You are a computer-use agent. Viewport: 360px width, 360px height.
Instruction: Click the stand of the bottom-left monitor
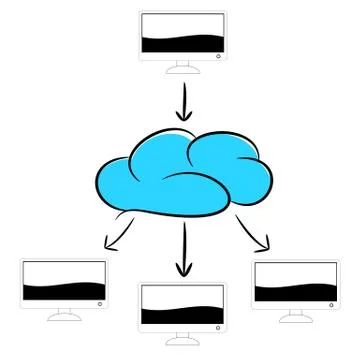(x=64, y=315)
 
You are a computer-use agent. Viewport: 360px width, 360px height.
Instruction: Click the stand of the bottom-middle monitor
(x=181, y=339)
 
